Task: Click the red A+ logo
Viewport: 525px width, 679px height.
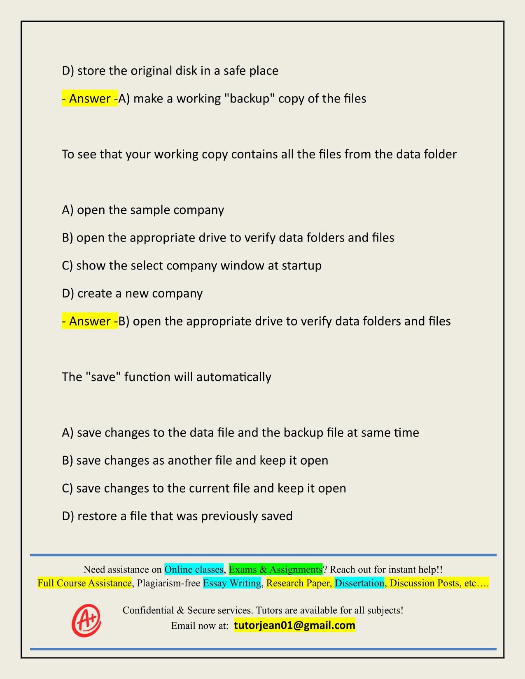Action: pyautogui.click(x=86, y=620)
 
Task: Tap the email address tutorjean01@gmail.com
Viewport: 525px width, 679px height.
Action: pyautogui.click(x=294, y=626)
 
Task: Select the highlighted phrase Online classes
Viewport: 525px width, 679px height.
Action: pyautogui.click(x=194, y=569)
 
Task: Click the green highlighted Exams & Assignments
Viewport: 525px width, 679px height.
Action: pyautogui.click(x=275, y=569)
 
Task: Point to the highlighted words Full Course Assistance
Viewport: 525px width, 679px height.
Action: pyautogui.click(x=84, y=583)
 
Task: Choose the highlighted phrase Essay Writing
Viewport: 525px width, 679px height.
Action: pyautogui.click(x=232, y=583)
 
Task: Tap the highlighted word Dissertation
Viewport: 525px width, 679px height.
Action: pyautogui.click(x=359, y=583)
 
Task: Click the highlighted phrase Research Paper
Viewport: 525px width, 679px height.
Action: pyautogui.click(x=299, y=583)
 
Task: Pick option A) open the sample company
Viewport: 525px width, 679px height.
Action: pyautogui.click(x=143, y=210)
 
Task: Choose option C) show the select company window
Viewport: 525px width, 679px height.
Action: pyautogui.click(x=191, y=265)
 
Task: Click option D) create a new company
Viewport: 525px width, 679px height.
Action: pyautogui.click(x=132, y=293)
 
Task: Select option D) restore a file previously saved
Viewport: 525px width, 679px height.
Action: pyautogui.click(x=177, y=516)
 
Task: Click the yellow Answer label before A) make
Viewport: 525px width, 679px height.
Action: pyautogui.click(x=90, y=99)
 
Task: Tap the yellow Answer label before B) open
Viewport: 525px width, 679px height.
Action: pyautogui.click(x=90, y=321)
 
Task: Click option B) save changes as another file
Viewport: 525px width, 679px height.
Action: pyautogui.click(x=195, y=460)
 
